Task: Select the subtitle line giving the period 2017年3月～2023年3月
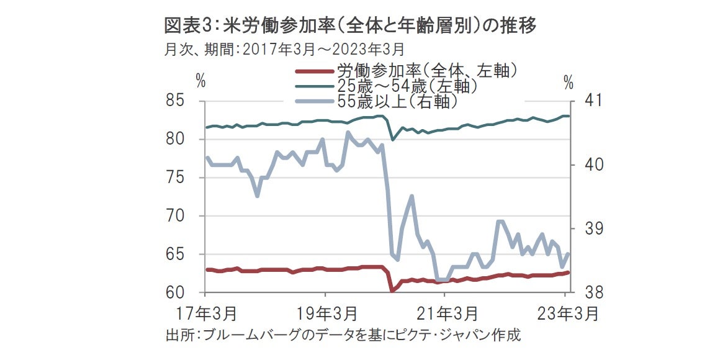pyautogui.click(x=285, y=48)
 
